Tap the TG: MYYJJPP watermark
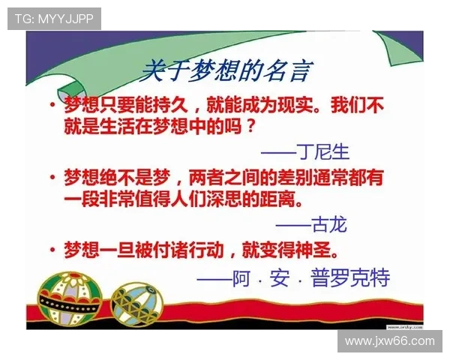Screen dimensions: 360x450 pyautogui.click(x=54, y=19)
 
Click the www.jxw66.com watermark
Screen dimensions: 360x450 pyautogui.click(x=389, y=341)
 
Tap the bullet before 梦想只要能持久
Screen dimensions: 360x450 pyautogui.click(x=52, y=106)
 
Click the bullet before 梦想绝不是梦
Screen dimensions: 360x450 pyautogui.click(x=52, y=179)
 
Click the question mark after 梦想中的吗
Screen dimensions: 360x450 pyautogui.click(x=251, y=124)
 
